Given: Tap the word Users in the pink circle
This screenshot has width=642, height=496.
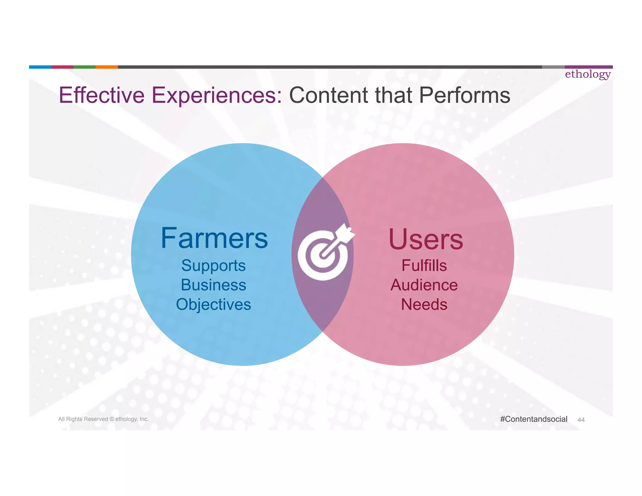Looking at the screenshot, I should point(426,240).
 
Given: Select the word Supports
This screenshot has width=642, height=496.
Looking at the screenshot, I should point(213,266).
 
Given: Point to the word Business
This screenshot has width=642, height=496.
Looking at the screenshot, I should point(213,285).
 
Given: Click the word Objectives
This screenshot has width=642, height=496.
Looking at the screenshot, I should point(213,304).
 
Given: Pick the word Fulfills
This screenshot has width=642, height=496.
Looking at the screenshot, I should point(424,266).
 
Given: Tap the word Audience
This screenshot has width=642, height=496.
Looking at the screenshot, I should point(424,285).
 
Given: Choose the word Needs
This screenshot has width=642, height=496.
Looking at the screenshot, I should point(424,304).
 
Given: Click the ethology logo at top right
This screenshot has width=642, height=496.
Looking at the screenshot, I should point(588,74).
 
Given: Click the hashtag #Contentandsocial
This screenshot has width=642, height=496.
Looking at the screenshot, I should point(534,419).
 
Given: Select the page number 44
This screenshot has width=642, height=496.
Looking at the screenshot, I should point(581,420).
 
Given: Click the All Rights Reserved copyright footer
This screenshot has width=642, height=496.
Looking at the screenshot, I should point(103,419).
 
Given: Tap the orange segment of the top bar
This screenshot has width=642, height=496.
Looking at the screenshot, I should point(107,67).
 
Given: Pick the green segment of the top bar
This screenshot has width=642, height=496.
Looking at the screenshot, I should point(84,67).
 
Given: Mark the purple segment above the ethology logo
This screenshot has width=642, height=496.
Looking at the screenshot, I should point(589,67).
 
